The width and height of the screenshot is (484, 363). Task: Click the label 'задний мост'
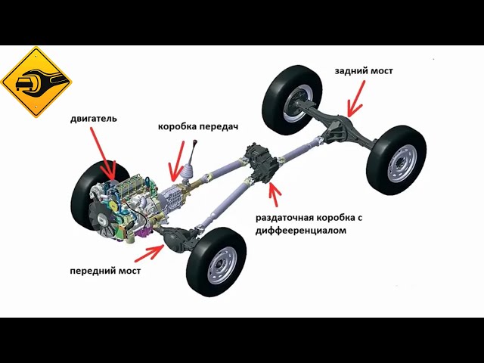[364, 71]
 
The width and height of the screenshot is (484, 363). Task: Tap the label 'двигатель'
[93, 119]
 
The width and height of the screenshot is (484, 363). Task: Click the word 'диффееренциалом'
[301, 231]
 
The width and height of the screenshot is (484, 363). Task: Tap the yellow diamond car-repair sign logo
[36, 82]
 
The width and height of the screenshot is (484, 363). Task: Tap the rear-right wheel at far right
[396, 160]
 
